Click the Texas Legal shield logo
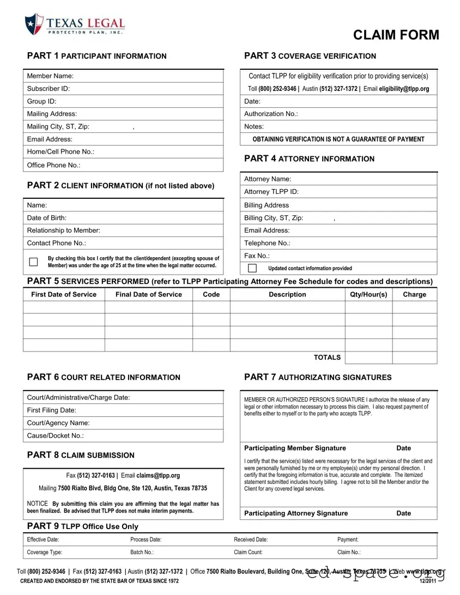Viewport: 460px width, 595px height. [34, 24]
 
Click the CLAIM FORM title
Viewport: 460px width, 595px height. [396, 35]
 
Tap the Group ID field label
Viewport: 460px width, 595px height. [42, 101]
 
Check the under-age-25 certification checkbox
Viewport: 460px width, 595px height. [33, 262]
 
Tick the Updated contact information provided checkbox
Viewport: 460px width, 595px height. [252, 268]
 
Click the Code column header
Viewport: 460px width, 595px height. [211, 294]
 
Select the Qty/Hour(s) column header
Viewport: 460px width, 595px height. [368, 294]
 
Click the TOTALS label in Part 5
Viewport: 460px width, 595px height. [327, 357]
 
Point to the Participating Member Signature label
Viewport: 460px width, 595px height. [295, 448]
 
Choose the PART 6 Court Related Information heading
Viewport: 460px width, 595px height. [104, 377]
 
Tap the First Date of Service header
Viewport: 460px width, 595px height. [64, 294]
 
